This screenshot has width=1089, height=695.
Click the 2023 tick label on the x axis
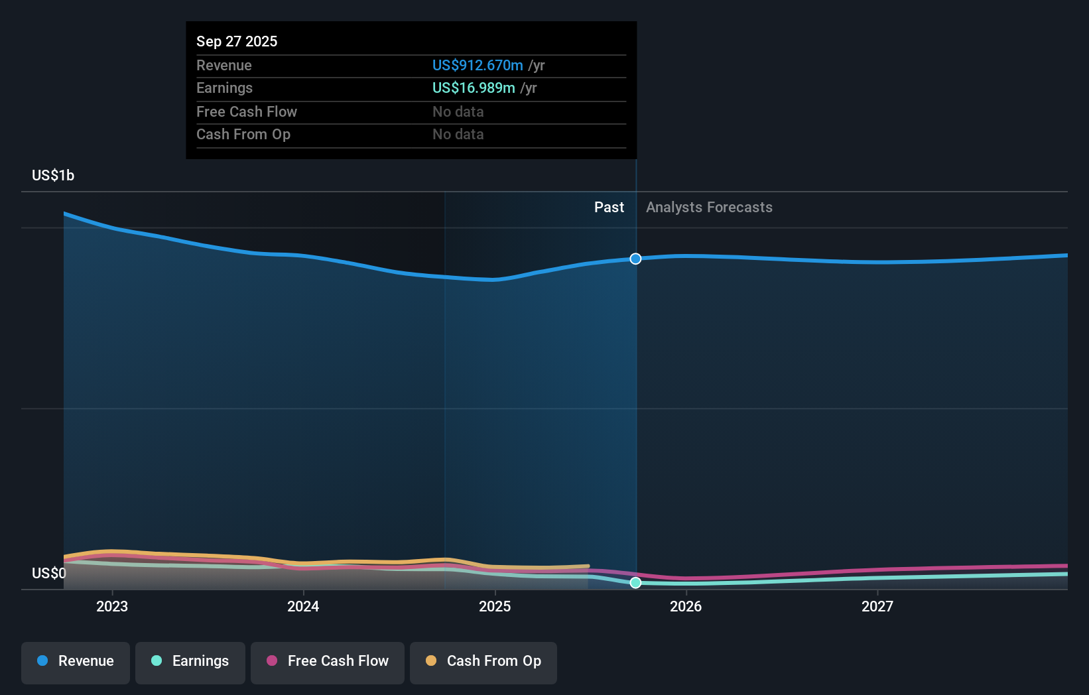click(x=111, y=606)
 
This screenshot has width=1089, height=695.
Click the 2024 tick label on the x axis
click(x=303, y=606)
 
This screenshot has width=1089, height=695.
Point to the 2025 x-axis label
click(x=495, y=606)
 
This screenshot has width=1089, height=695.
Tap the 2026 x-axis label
click(x=686, y=606)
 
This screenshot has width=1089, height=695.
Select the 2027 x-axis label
click(x=877, y=606)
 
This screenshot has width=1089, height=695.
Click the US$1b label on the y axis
click(x=53, y=175)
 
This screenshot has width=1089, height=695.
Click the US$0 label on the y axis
click(x=49, y=573)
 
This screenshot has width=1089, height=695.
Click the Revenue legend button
click(x=76, y=661)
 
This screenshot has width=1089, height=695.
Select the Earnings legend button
click(x=190, y=661)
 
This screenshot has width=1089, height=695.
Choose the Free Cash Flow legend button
click(x=328, y=661)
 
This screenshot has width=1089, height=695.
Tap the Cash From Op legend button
click(x=483, y=661)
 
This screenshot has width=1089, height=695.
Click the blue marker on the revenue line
click(x=635, y=259)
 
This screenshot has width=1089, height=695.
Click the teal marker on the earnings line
click(x=635, y=582)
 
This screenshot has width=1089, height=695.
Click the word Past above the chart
click(x=609, y=208)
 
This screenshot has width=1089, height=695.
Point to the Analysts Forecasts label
click(x=709, y=208)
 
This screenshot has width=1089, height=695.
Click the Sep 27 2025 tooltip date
click(x=237, y=41)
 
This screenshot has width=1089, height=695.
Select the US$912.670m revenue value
click(x=478, y=65)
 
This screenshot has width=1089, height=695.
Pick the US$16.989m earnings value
click(x=474, y=88)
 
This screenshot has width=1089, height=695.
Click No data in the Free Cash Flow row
click(x=458, y=111)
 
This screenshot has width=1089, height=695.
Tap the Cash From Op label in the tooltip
click(x=243, y=134)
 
